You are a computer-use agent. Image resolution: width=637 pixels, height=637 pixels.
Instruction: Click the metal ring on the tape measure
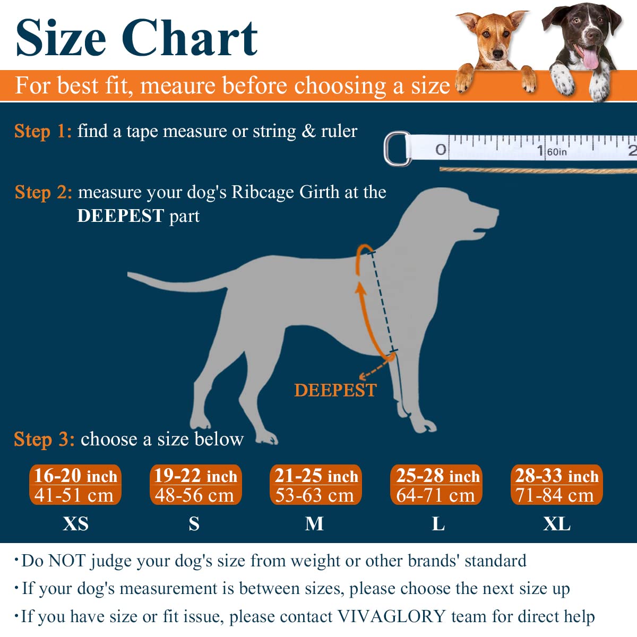pos(396,149)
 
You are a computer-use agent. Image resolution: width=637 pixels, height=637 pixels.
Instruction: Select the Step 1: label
pos(42,131)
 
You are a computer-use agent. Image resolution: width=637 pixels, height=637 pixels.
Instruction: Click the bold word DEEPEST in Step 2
pos(120,216)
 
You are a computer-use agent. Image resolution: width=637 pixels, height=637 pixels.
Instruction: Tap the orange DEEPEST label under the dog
pos(335,390)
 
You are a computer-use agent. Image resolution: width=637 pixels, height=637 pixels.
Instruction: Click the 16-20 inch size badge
pos(75,485)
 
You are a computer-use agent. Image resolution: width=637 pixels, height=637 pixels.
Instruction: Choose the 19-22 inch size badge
pos(195,485)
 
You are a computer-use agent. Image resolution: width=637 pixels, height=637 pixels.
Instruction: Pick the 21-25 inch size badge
pos(316,485)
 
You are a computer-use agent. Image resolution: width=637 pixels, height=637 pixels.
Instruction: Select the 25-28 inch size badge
pos(436,485)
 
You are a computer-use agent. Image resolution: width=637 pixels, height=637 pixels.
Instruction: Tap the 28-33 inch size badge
pos(556,485)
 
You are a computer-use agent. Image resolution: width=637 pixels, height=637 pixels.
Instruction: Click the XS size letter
pos(75,524)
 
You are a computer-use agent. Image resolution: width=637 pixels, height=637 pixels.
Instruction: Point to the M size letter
pos(314,524)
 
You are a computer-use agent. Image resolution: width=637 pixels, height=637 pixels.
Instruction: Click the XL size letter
pos(556,524)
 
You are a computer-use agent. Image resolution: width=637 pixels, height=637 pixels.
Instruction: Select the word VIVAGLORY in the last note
pos(391,616)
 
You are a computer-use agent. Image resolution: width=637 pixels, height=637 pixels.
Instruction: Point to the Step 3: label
pos(44,440)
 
